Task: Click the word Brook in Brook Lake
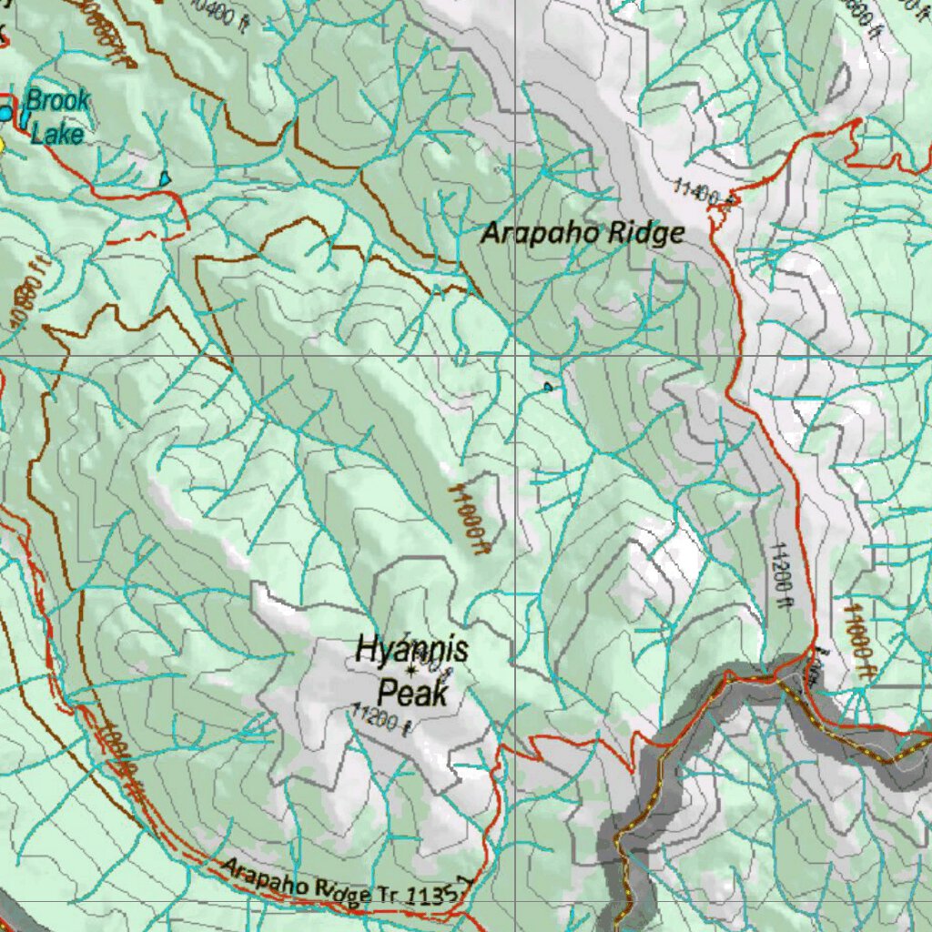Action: pyautogui.click(x=57, y=100)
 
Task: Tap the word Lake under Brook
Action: pyautogui.click(x=57, y=135)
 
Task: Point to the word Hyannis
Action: pyautogui.click(x=411, y=650)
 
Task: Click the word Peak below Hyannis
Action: pyautogui.click(x=413, y=694)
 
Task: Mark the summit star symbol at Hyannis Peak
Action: pyautogui.click(x=411, y=671)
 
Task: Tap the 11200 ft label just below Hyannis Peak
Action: pyautogui.click(x=382, y=720)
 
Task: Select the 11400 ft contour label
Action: pyautogui.click(x=698, y=192)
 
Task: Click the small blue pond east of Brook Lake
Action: pyautogui.click(x=165, y=178)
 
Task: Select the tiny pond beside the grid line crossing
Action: pyautogui.click(x=547, y=387)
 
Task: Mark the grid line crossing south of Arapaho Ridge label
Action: pyautogui.click(x=514, y=356)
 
